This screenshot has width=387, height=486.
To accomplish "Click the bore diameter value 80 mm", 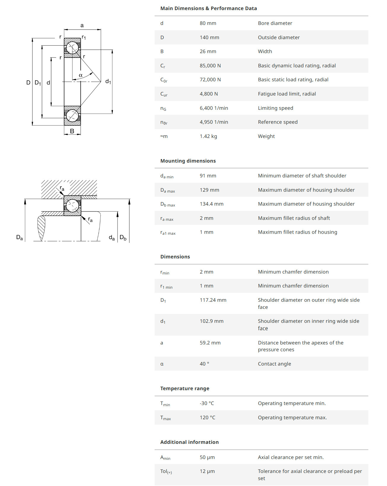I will (208, 23).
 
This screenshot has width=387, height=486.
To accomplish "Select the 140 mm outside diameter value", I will (209, 37).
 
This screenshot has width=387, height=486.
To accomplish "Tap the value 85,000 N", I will (210, 66).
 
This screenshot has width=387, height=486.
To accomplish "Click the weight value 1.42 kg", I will (208, 136).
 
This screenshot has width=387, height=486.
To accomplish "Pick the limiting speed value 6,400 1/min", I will (214, 108).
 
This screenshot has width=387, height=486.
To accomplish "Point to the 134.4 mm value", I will (211, 204).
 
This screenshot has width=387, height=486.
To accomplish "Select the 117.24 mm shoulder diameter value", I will (213, 300).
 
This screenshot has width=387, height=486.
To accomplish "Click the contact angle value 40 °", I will (204, 364).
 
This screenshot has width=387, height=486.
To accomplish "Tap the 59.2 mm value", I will (210, 343).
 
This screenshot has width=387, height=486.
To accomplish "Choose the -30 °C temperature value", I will (207, 403).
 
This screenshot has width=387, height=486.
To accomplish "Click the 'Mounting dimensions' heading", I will (188, 161).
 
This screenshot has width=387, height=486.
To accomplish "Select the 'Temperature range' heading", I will (185, 388).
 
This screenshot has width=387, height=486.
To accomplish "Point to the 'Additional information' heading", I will (189, 442).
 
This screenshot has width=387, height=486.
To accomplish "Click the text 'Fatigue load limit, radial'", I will (287, 94).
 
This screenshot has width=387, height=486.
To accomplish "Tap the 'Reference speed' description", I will (277, 122).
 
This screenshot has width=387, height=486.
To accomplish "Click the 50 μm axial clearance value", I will (207, 457).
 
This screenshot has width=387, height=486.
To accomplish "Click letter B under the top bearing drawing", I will (72, 131).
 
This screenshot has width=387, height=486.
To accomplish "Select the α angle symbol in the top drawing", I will (81, 75).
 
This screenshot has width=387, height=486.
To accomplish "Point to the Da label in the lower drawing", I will (19, 237).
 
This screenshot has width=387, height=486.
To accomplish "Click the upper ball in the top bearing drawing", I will (72, 47).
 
